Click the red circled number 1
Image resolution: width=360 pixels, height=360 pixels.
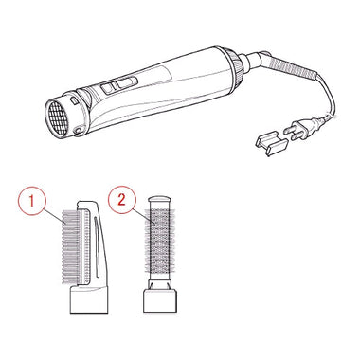point(31,201)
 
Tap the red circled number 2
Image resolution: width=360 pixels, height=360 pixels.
point(121,200)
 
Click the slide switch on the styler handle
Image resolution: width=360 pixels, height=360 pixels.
point(119,84)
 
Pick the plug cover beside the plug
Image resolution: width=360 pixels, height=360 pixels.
point(271,144)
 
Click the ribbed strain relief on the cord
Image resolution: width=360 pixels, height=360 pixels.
point(292,67)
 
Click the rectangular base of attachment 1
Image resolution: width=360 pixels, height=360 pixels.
point(89,299)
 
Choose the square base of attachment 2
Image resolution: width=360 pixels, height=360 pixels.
point(160,301)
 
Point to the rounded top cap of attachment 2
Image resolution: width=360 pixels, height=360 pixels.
point(160,202)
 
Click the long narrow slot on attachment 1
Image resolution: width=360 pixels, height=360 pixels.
point(97,247)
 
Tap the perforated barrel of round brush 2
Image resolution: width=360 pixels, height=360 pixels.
point(160,241)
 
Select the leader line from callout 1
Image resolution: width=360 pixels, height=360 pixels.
point(54,217)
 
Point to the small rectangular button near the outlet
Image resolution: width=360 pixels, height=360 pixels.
point(74,100)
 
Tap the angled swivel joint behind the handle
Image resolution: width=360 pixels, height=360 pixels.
point(255,61)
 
